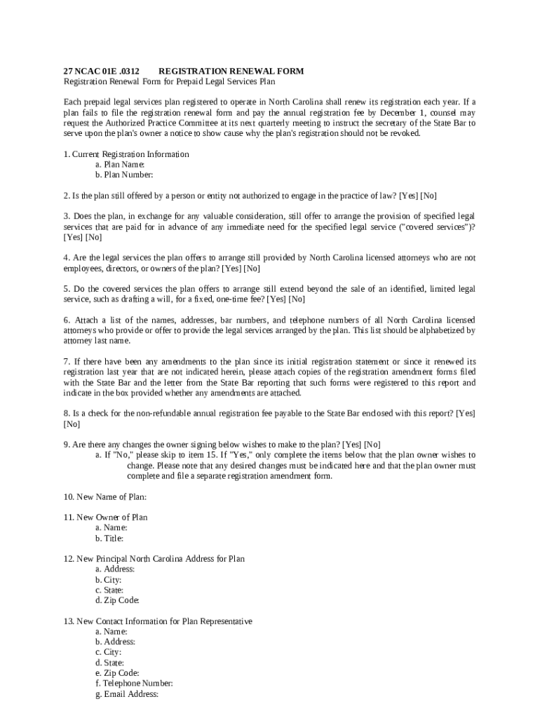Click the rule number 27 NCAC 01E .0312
pyautogui.click(x=101, y=72)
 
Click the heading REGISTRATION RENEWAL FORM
pyautogui.click(x=231, y=72)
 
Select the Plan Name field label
pyautogui.click(x=120, y=164)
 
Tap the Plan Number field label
pyautogui.click(x=124, y=175)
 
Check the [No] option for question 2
pyautogui.click(x=428, y=196)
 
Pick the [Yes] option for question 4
pyautogui.click(x=231, y=268)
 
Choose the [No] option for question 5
pyautogui.click(x=296, y=299)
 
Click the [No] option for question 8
pyautogui.click(x=72, y=424)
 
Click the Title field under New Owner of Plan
pyautogui.click(x=109, y=538)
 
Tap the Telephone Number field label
pyautogui.click(x=134, y=683)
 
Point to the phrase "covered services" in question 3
pyautogui.click(x=436, y=227)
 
